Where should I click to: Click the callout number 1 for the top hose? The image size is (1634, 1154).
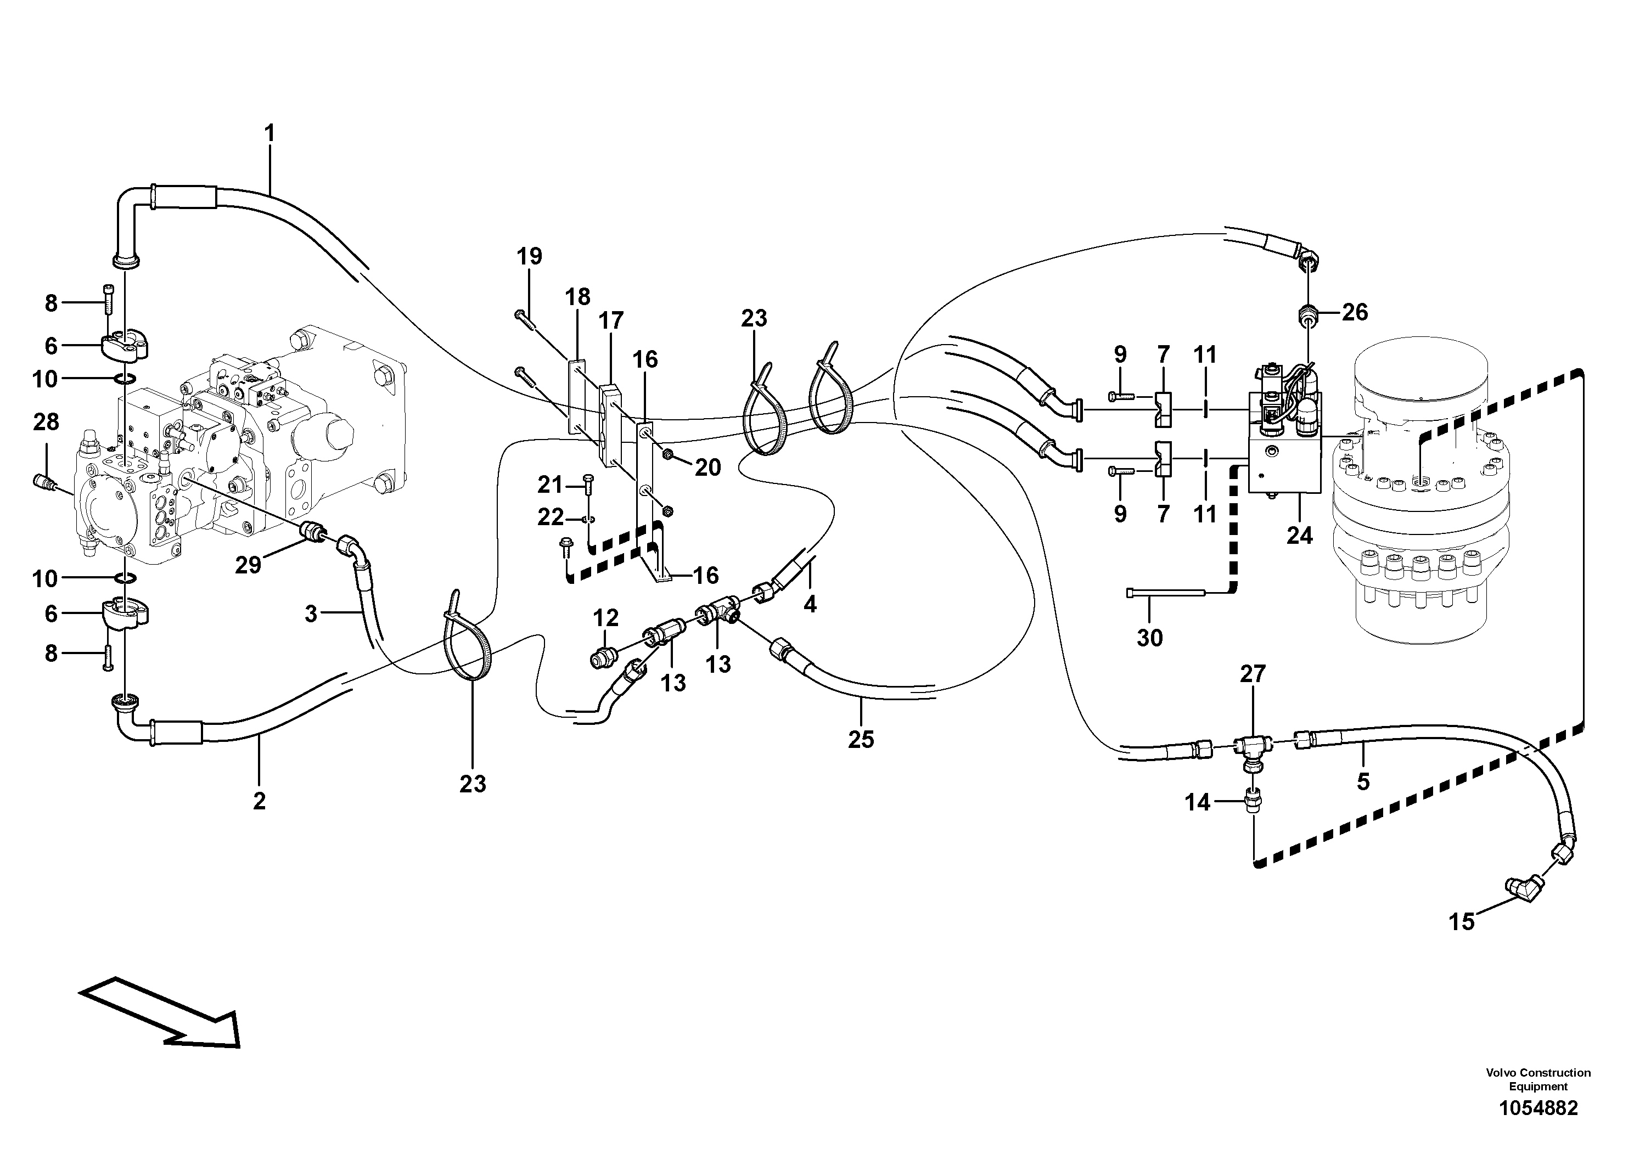[x=269, y=133]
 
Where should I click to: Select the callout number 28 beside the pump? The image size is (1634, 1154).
[x=46, y=422]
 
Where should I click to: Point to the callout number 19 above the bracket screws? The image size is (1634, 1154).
[x=529, y=256]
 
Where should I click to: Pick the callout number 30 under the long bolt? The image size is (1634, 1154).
[x=1149, y=638]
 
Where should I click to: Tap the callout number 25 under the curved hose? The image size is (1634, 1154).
[x=861, y=740]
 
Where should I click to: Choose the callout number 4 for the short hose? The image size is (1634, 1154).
[x=810, y=605]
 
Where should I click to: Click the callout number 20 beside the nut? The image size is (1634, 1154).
[x=707, y=468]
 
